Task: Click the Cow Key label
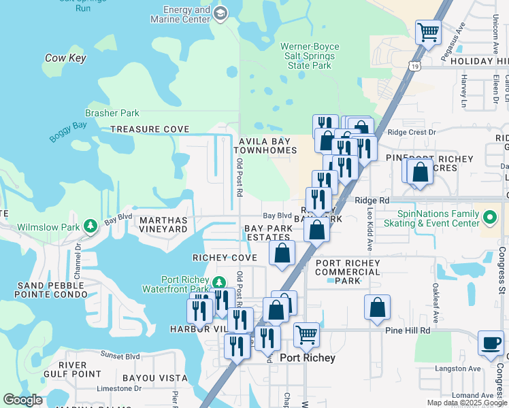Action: point(65,58)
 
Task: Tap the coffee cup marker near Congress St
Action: point(491,343)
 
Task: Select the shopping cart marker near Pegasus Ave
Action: point(428,32)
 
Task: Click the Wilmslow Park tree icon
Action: point(90,226)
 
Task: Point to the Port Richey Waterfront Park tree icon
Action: point(218,282)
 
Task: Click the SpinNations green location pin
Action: point(490,218)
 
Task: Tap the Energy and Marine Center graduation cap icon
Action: point(220,14)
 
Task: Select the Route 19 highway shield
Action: point(414,65)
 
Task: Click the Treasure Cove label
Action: point(150,129)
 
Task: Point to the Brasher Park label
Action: point(112,114)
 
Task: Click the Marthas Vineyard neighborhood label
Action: point(163,225)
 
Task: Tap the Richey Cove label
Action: point(225,258)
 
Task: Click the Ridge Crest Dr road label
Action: point(411,133)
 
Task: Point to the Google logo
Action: point(23,400)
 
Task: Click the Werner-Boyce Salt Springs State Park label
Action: point(310,56)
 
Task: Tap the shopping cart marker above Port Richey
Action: point(307,335)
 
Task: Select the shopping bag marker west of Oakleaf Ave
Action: point(377,307)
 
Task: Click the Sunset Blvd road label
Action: point(120,356)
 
